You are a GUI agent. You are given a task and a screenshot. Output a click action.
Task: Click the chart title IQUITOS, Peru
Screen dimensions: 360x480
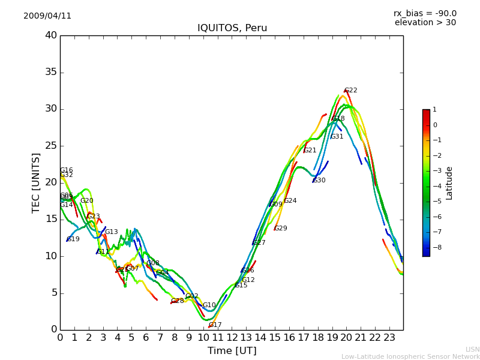(232, 28)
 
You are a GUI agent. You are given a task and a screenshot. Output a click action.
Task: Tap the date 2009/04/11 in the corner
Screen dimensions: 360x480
(47, 16)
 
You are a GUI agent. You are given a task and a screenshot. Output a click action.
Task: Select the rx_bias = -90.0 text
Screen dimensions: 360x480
(425, 14)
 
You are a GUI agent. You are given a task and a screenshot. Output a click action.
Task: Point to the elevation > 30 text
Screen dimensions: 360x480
(425, 23)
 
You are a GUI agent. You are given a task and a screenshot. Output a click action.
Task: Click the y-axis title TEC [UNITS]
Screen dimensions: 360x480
(37, 182)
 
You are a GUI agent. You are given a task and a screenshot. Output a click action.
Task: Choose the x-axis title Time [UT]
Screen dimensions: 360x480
(232, 350)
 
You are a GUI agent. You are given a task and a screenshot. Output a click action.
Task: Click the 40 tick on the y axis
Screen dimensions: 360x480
(51, 35)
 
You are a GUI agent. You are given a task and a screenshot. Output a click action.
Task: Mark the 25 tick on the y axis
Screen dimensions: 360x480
(51, 146)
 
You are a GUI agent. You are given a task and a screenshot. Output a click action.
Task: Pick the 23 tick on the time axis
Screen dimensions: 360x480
(389, 337)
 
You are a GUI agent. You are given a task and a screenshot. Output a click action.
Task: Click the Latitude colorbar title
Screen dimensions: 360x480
(449, 183)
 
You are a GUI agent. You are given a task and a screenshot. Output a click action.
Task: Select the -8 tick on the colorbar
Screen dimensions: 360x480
(435, 247)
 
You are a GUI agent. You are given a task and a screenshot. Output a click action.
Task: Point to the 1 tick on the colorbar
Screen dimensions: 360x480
(434, 110)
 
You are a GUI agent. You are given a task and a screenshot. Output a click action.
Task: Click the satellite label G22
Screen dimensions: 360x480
(351, 91)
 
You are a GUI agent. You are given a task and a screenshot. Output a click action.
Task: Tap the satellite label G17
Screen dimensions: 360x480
(215, 325)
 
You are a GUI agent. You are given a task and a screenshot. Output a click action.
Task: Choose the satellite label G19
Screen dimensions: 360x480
(73, 239)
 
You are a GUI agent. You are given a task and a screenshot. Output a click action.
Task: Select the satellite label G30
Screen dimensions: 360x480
(319, 181)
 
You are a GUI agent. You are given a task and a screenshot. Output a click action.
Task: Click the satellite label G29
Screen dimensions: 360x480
(281, 229)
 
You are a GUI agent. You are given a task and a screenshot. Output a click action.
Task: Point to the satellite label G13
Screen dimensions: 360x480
(112, 232)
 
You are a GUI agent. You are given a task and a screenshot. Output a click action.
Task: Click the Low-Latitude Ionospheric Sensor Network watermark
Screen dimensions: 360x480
(410, 356)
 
